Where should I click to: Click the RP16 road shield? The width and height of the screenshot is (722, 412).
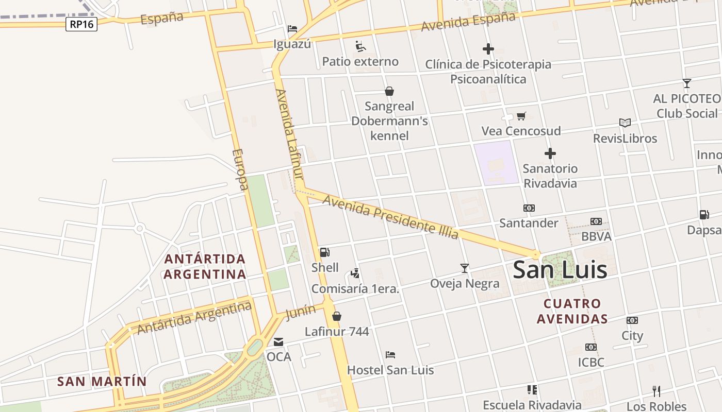pos(81,24)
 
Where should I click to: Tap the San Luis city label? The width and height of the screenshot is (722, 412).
pos(560,269)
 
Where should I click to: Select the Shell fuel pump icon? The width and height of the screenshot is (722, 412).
pos(325,252)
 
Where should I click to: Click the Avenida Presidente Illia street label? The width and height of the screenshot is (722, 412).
pos(390,217)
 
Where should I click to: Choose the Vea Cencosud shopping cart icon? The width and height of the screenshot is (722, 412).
pos(521,116)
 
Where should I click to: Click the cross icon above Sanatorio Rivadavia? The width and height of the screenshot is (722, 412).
pos(550,153)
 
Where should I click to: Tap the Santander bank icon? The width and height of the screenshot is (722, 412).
pos(529,208)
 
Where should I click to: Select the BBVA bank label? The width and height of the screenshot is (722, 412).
pos(596,236)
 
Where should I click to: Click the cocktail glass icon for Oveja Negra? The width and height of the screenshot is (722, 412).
pos(465,268)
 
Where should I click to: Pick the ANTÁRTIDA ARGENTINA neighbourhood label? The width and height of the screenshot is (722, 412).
pos(205,266)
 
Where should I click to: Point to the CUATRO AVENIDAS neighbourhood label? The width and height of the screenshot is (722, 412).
pos(572,311)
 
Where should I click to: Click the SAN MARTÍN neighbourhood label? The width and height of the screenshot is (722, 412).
pos(102,382)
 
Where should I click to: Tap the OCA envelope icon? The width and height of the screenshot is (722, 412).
pos(278,341)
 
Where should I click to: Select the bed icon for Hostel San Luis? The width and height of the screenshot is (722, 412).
pos(390,355)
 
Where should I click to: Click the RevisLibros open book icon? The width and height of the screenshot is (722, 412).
pos(625,123)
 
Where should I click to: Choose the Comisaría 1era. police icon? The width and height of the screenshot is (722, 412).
pos(355,273)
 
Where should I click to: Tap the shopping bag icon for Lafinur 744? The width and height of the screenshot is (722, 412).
pos(337,316)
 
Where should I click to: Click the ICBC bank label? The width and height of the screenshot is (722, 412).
pos(591,362)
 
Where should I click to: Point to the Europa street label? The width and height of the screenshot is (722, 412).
pos(240,169)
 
